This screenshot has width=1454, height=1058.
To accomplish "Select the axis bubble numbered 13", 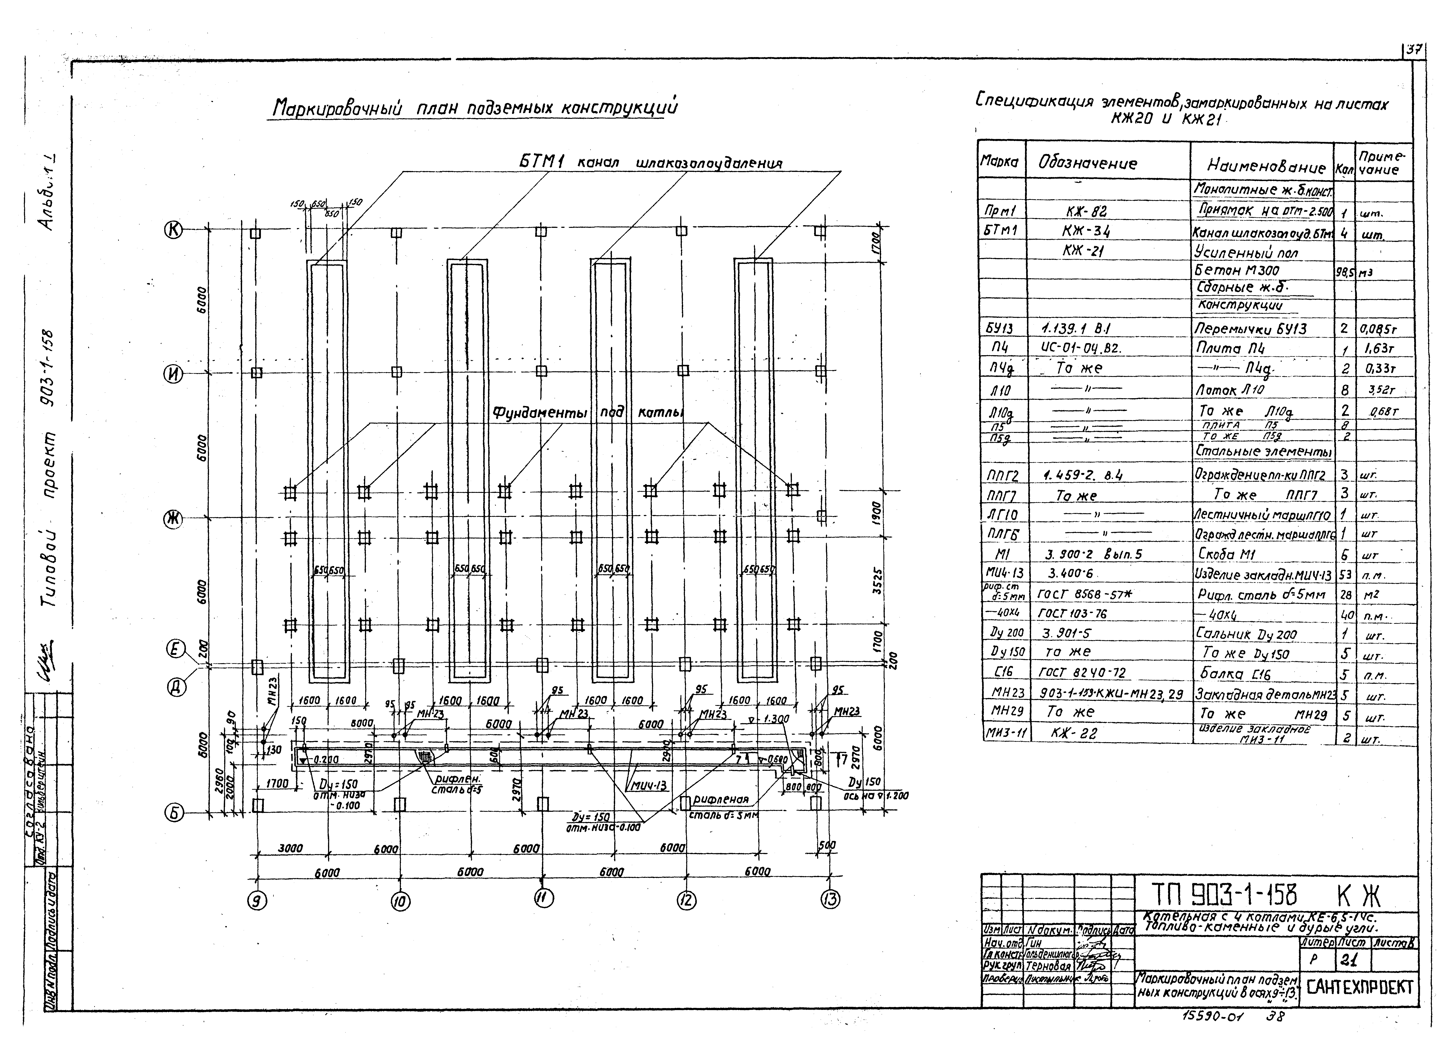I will click(830, 900).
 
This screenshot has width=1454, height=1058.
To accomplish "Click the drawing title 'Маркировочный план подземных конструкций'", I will click(474, 108).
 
